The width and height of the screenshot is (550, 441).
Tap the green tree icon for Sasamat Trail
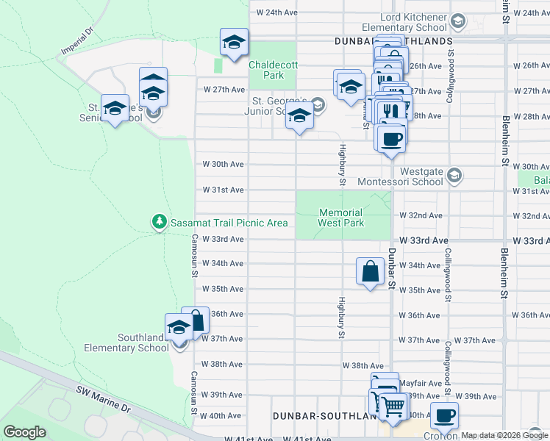pos(158,221)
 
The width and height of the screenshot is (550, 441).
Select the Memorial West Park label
pos(341,217)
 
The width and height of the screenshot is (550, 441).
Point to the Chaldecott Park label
pos(273,70)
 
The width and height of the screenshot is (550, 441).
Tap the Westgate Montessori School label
pos(401,176)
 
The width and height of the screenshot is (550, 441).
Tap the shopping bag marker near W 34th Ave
pos(370,271)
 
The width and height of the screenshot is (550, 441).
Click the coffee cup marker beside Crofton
pos(444,416)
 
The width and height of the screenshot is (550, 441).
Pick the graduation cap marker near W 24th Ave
pos(234,42)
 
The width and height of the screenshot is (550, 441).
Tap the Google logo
pos(24,432)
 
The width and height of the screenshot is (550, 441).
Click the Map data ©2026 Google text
pos(504,435)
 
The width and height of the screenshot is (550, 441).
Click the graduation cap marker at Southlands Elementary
pos(179,328)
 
